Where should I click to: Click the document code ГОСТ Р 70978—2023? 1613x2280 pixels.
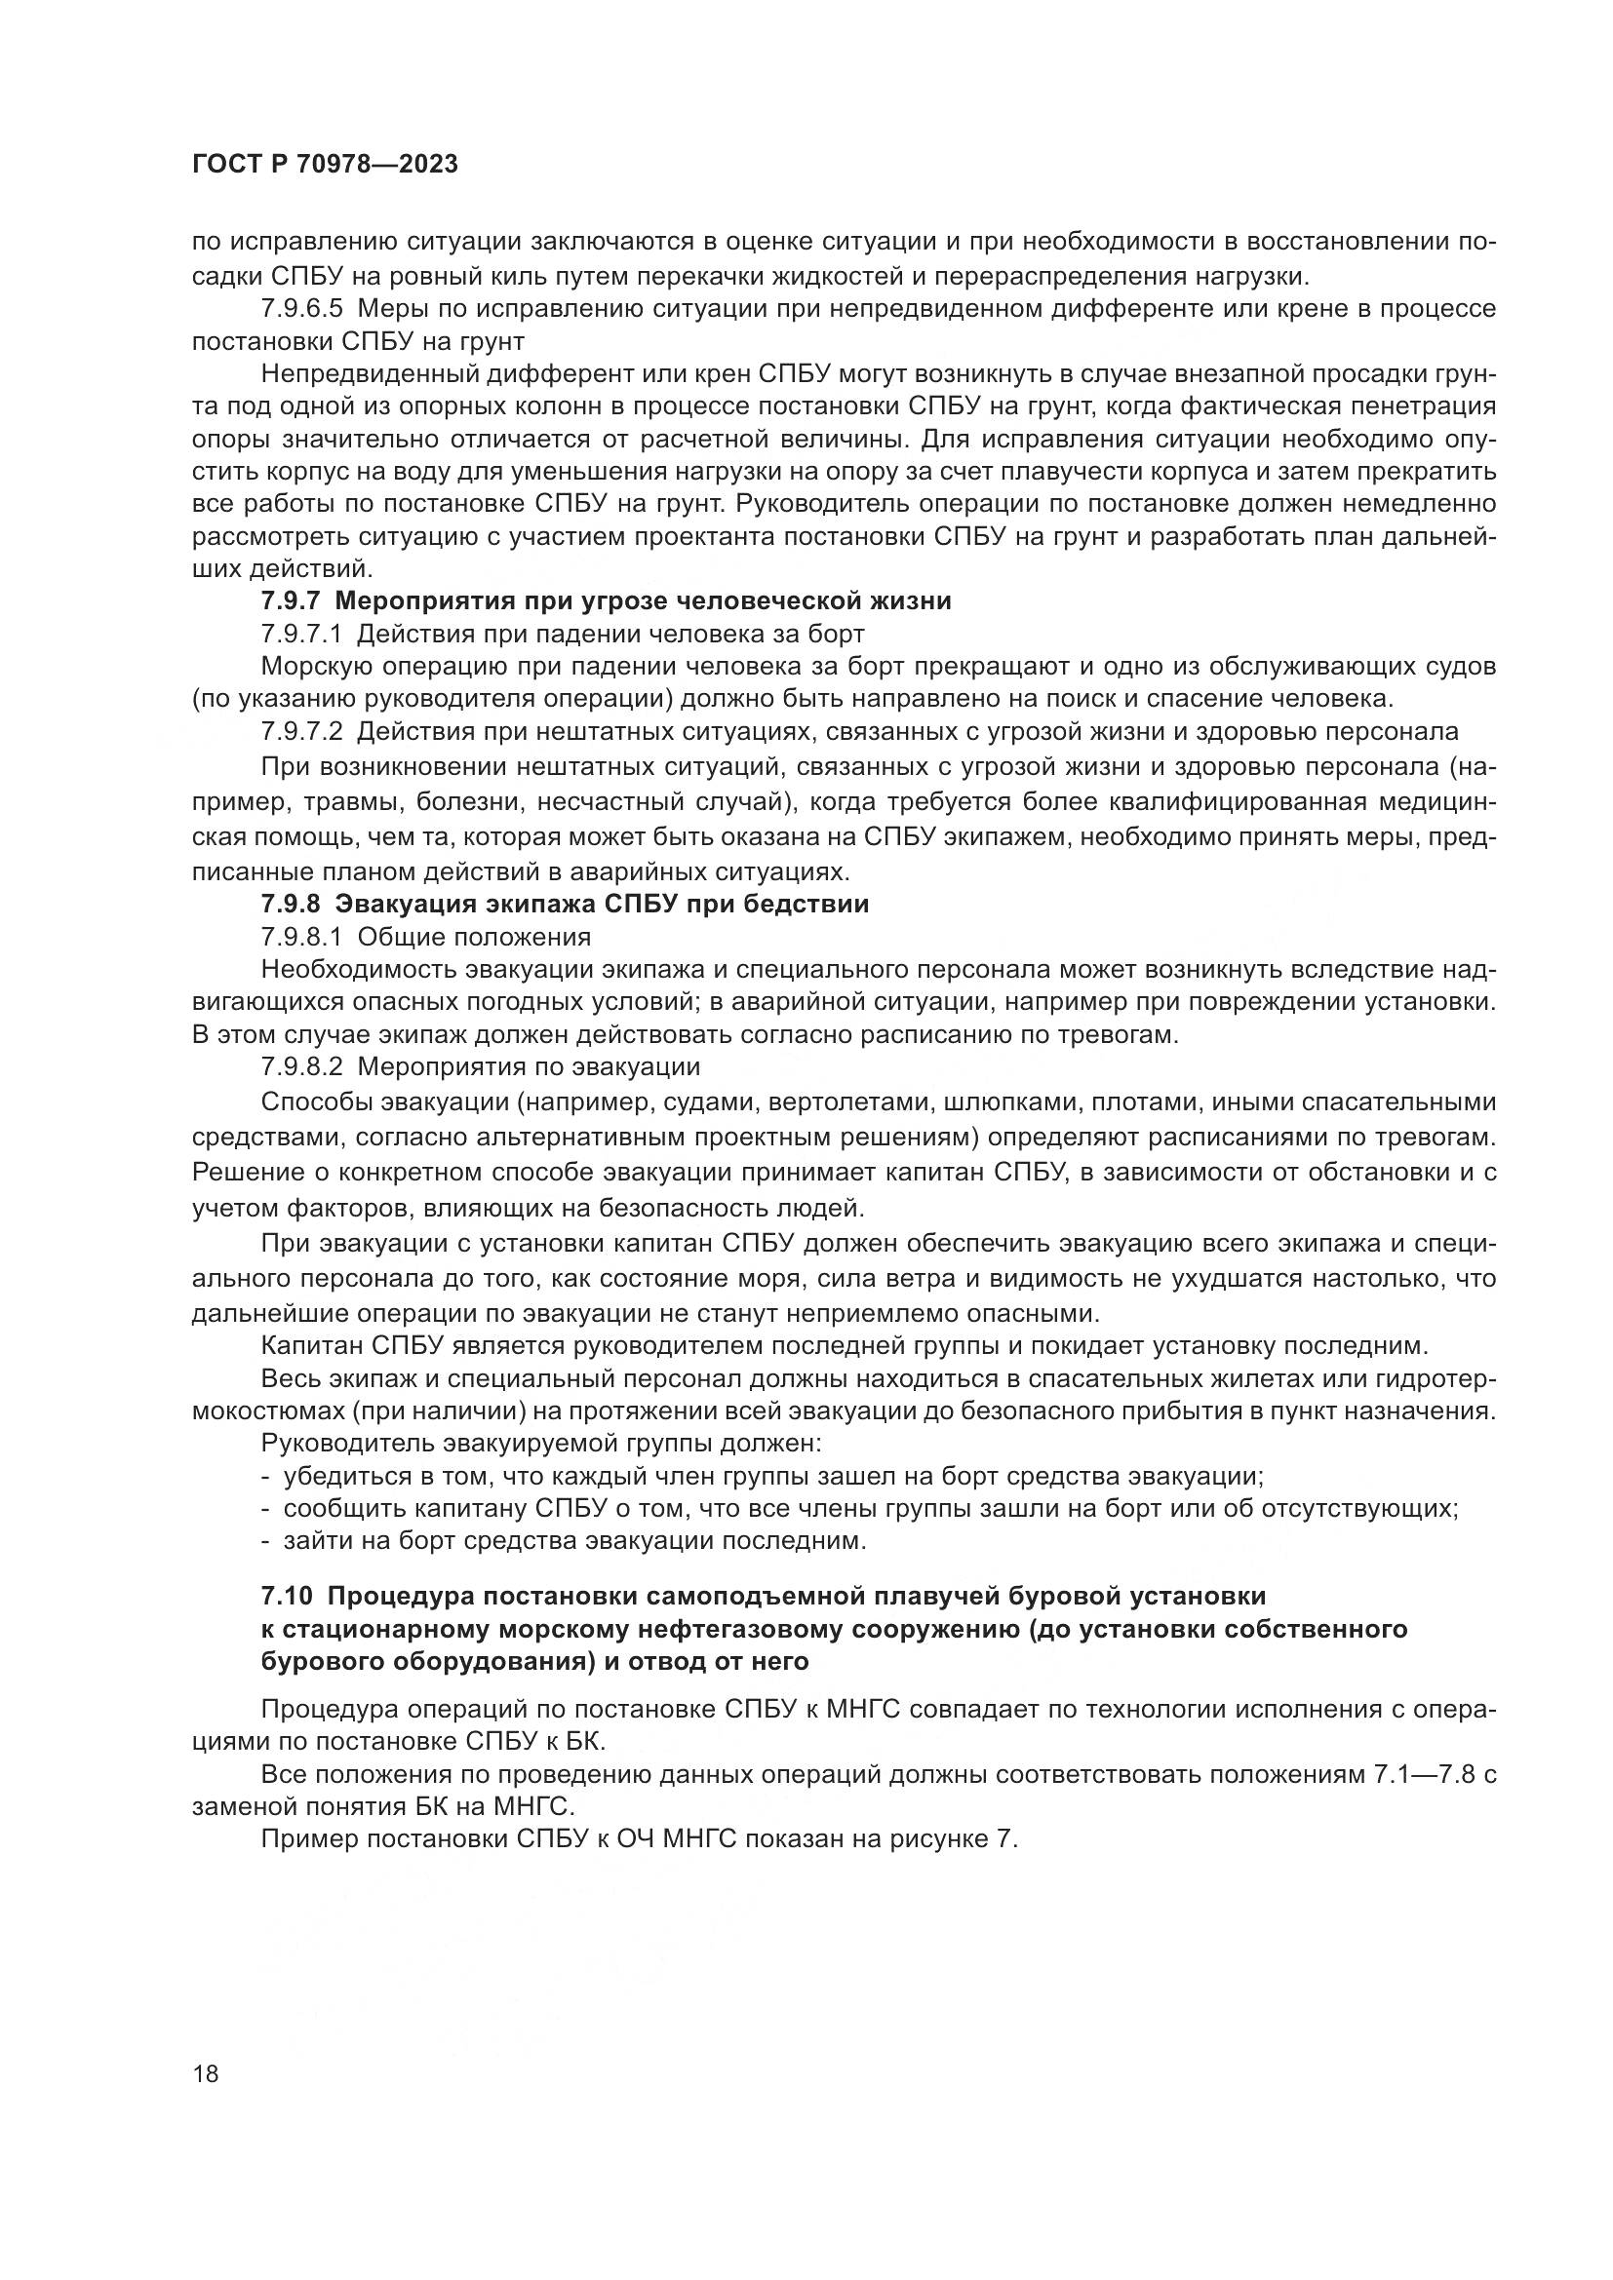click(325, 165)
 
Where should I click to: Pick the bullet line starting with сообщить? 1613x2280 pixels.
click(859, 1509)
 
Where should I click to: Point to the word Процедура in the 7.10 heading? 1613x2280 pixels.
click(408, 1596)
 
